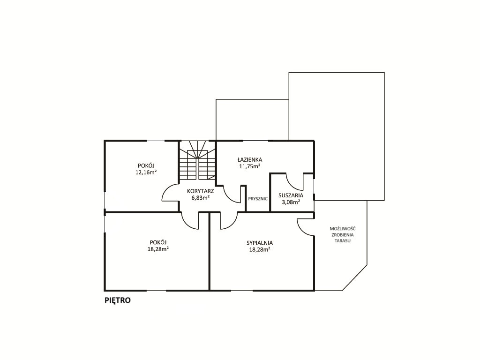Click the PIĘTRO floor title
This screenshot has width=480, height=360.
point(118,300)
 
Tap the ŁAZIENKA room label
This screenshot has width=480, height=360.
point(250,159)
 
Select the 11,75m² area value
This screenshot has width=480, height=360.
point(250,166)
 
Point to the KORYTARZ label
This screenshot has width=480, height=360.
point(201,191)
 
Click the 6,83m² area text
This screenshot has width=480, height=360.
point(201,198)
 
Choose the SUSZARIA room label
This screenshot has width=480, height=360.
point(291,195)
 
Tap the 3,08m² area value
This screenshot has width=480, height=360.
point(291,202)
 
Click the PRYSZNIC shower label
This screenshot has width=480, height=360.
point(258,199)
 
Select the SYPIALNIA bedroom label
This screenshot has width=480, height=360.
point(260,243)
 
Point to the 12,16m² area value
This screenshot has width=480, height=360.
point(146,172)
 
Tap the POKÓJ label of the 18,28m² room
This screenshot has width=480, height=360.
point(158,242)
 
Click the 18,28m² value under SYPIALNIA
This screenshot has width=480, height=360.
point(260,250)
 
